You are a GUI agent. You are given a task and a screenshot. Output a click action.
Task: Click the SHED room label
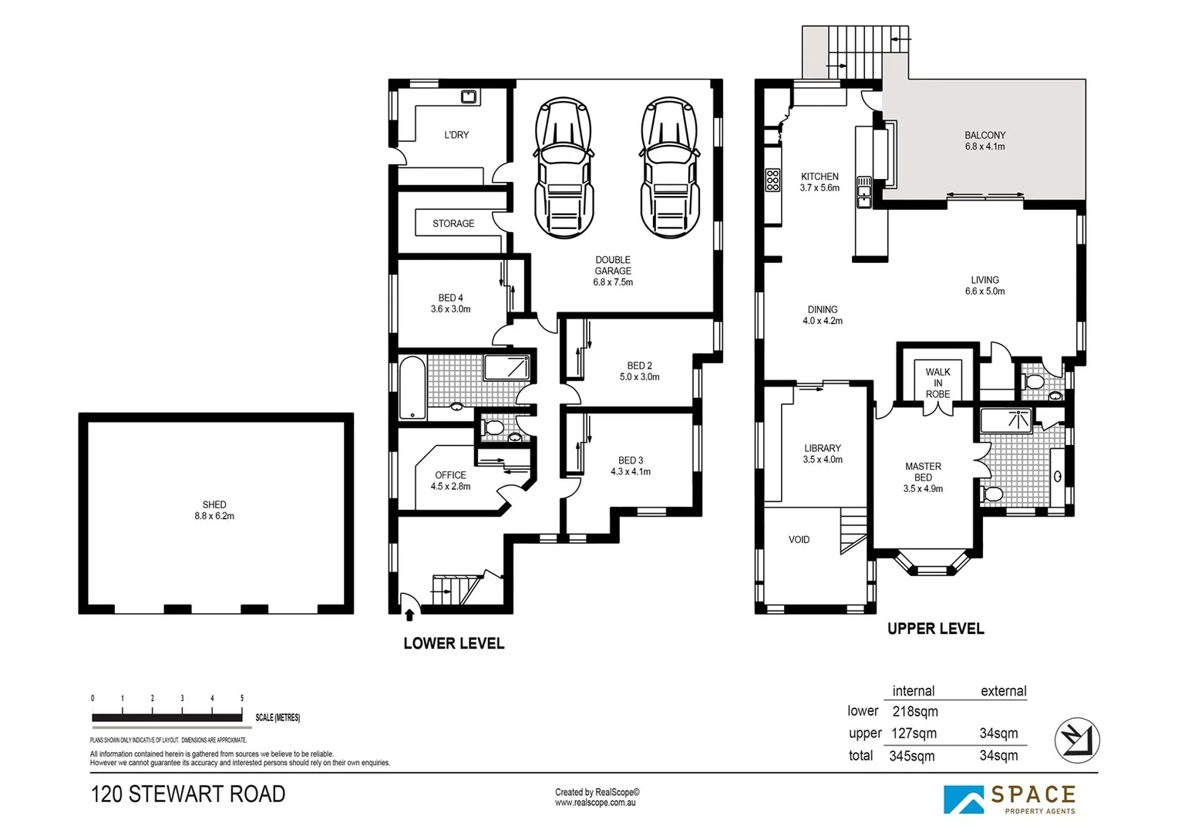(x=214, y=504)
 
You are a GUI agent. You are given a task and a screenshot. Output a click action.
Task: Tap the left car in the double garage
(x=564, y=167)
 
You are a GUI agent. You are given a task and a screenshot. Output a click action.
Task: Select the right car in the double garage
(x=669, y=167)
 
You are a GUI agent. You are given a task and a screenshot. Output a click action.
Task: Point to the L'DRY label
(x=456, y=135)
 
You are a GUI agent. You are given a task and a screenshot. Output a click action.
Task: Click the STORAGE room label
(x=453, y=223)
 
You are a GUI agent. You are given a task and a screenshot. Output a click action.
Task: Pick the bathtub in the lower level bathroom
(x=412, y=388)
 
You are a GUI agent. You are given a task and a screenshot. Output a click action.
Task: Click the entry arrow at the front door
(x=409, y=614)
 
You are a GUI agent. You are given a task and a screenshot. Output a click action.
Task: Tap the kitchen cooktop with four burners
(x=772, y=180)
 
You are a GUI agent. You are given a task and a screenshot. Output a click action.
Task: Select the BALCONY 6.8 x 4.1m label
(x=985, y=140)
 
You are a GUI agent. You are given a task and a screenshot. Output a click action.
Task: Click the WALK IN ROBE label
(x=937, y=383)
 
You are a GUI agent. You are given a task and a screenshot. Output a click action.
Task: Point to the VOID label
(x=799, y=539)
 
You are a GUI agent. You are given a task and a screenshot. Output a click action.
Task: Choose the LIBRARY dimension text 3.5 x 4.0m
(x=823, y=460)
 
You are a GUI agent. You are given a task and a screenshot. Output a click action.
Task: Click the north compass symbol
(x=1077, y=740)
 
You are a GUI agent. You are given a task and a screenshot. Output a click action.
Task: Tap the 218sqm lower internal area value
(x=915, y=711)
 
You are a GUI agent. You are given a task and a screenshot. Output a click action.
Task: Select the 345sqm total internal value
(x=912, y=756)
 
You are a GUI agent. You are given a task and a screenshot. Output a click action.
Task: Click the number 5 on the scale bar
(x=242, y=698)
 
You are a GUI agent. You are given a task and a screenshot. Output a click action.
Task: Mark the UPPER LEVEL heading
(x=936, y=629)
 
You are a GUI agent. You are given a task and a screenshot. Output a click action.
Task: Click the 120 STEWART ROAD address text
(x=188, y=794)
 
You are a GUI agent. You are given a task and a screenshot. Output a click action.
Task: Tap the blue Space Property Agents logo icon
(x=964, y=799)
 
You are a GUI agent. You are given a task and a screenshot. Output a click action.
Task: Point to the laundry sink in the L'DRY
(x=469, y=96)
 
